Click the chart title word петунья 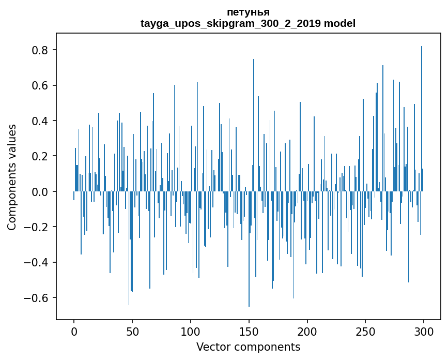coord(248,12)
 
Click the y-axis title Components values coord(11,177)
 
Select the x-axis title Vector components coord(248,347)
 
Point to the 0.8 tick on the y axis coord(40,50)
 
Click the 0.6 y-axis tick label coord(40,85)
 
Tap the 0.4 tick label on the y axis coord(40,121)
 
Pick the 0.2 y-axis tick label coord(40,156)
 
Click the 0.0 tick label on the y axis coord(40,192)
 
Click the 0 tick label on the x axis coord(74,331)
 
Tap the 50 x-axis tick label coord(132,331)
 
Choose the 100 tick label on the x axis coord(191,331)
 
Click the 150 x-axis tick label coord(249,331)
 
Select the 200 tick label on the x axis coord(307,331)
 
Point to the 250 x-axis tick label coord(365,331)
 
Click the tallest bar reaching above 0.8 coord(422,119)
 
